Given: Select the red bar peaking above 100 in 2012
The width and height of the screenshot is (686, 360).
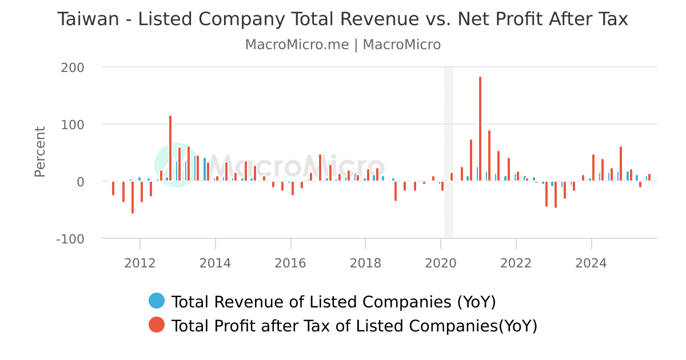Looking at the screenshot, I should (x=170, y=149).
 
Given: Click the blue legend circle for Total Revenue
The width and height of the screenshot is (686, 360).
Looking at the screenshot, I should (x=157, y=301).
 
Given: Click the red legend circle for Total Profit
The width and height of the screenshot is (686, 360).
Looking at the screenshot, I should (x=157, y=325).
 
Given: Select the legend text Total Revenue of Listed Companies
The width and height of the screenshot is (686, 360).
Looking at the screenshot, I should (x=333, y=302).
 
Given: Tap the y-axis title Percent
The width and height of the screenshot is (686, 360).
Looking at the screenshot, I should (x=39, y=151).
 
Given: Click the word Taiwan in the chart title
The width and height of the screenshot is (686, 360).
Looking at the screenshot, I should (x=89, y=19).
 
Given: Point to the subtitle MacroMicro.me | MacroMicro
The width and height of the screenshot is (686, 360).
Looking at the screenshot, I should (x=343, y=45).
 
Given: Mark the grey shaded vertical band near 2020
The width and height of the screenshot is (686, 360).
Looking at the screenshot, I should (x=449, y=151).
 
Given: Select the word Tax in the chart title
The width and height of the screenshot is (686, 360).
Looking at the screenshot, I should (x=613, y=19).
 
